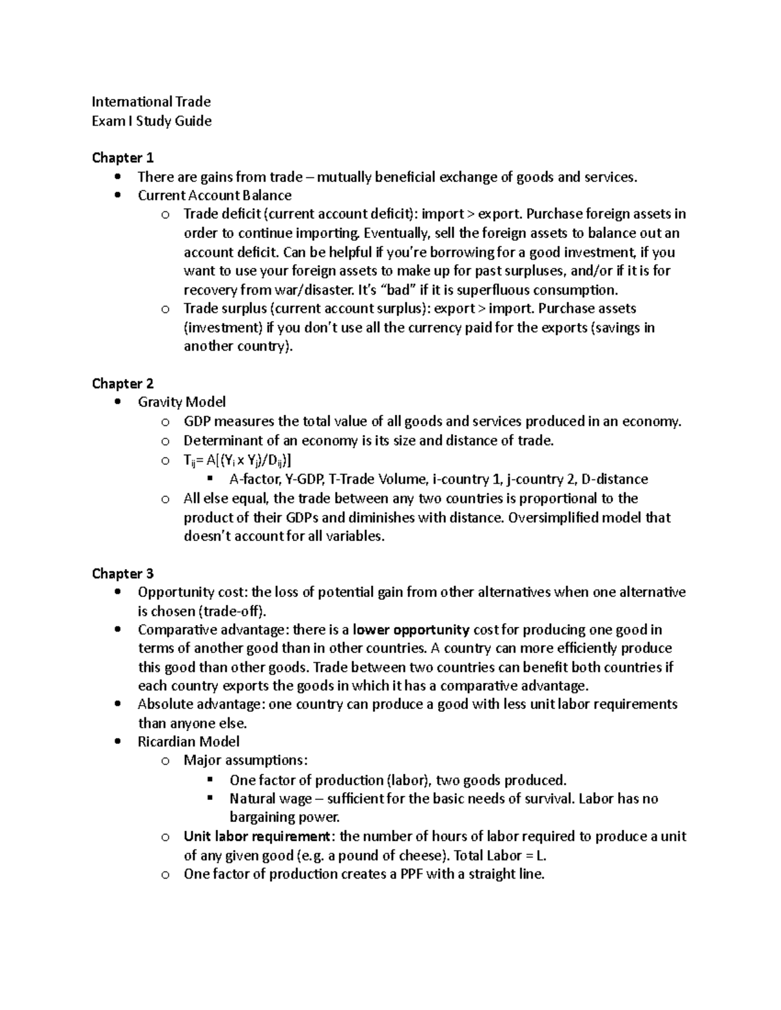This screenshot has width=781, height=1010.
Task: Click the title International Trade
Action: pos(151,101)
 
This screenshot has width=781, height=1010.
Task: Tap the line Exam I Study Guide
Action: pos(151,121)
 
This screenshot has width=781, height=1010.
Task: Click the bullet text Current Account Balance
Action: pos(214,196)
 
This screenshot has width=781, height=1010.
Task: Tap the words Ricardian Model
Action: pos(188,742)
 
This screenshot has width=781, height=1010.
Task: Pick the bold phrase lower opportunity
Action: pos(411,630)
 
